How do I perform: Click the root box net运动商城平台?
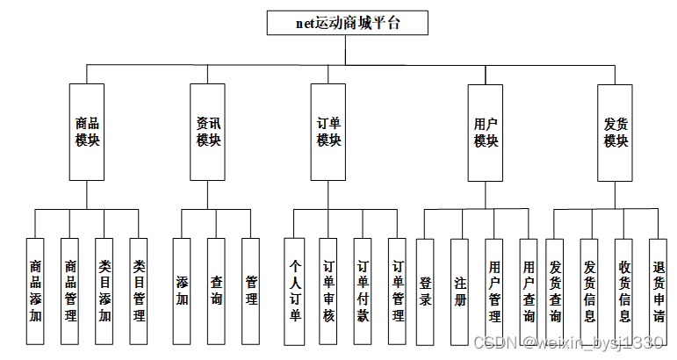pos(347,23)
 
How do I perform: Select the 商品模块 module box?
pos(87,132)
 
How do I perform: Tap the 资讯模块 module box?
pos(208,132)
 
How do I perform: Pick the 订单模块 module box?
pos(328,132)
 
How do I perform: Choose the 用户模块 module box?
pos(486,132)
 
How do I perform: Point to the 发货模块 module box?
pos(615,132)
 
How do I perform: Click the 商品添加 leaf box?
pos(35,290)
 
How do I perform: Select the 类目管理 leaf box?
pos(139,290)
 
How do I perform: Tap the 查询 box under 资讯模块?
pos(217,290)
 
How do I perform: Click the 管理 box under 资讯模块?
pos(251,290)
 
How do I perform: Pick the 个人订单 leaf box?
pos(294,290)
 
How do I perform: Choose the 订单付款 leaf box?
pos(363,290)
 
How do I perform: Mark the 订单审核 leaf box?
pos(328,290)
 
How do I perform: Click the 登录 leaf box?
pos(425,290)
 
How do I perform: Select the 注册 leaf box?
pos(459,290)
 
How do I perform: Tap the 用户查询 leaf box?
pos(529,290)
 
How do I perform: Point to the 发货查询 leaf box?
pos(555,290)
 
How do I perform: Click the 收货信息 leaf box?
pos(623,290)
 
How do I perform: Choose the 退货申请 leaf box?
pos(659,290)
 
